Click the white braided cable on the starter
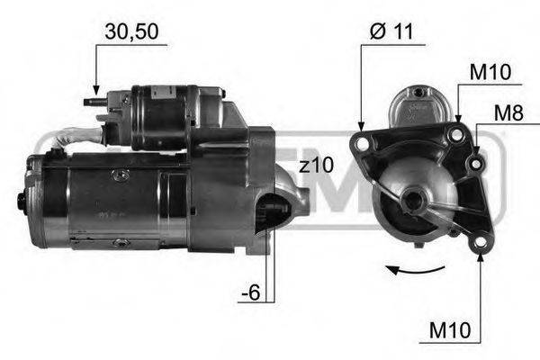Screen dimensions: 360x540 tap(76, 139)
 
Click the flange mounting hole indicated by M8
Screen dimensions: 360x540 tap(474, 162)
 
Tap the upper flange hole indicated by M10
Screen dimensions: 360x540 tap(457, 133)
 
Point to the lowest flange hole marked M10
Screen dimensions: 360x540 tap(481, 243)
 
